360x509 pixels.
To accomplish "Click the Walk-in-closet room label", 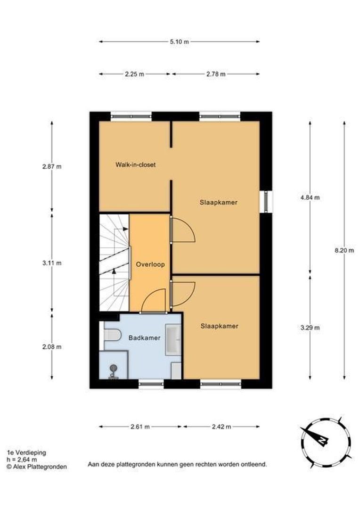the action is (x=135, y=164).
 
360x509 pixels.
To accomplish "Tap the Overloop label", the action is (x=150, y=264).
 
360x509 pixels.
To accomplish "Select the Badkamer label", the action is (x=144, y=337).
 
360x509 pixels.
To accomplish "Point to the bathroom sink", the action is (x=173, y=339).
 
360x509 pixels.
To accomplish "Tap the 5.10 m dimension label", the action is (x=179, y=41).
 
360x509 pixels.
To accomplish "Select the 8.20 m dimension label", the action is (x=344, y=250).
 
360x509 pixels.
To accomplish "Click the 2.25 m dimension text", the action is (x=134, y=74).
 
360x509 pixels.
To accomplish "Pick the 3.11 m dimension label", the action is (x=52, y=263).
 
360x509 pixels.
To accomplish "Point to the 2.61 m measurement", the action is (x=140, y=427).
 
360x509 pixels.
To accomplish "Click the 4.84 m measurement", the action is (x=310, y=197).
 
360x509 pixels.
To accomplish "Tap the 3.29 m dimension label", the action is (x=310, y=328).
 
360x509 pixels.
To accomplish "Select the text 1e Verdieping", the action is (x=26, y=452).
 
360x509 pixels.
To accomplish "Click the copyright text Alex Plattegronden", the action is (x=37, y=467).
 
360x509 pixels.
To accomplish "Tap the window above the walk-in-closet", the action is (x=131, y=116).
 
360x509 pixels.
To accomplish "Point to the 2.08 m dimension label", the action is (x=52, y=347).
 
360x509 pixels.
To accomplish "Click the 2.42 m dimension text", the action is (x=221, y=427).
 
